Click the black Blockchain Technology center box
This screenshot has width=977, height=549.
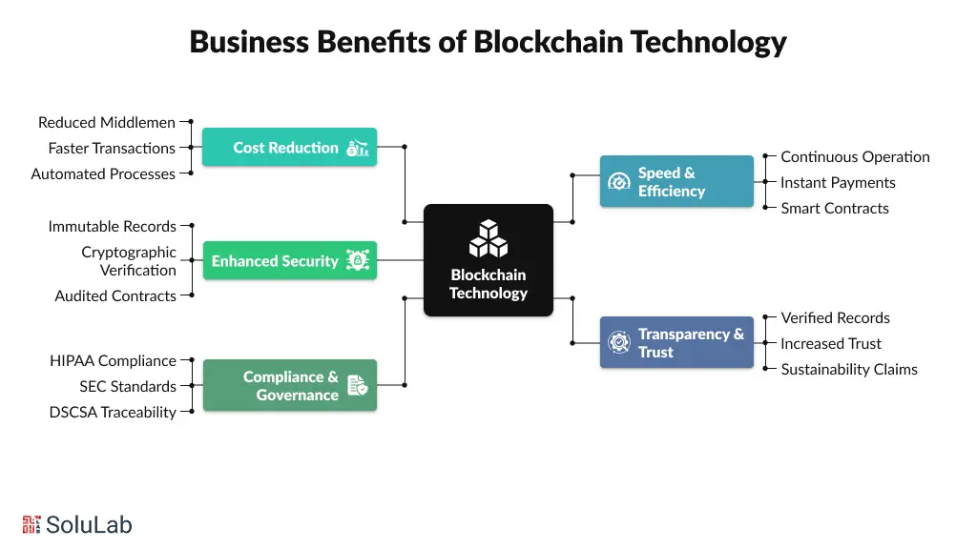[488, 260]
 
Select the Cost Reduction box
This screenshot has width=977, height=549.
[289, 148]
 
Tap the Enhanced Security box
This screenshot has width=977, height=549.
[289, 260]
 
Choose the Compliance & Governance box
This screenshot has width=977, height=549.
[289, 385]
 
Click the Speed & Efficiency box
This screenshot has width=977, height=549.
[676, 181]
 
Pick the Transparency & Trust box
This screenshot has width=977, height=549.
[676, 342]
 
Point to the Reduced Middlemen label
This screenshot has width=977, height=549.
[107, 122]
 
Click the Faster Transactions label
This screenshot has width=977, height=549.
[112, 148]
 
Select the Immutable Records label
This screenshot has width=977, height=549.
[112, 226]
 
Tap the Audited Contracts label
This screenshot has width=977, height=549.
[115, 295]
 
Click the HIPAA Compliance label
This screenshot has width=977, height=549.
[113, 360]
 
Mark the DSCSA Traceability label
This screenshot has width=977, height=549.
[113, 412]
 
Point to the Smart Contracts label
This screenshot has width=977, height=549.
[835, 208]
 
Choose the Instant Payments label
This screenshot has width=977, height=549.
[838, 182]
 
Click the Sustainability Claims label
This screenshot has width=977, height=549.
[849, 369]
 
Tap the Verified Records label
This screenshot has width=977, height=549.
[835, 317]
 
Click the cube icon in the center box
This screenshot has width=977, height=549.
[488, 238]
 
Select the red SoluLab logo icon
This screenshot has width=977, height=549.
[31, 524]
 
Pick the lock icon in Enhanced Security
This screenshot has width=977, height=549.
[358, 260]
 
